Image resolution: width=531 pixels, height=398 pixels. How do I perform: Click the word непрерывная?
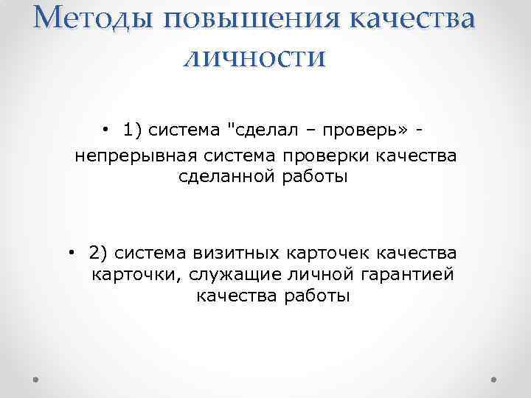click(141, 156)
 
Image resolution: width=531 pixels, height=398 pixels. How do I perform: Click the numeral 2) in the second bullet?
click(98, 254)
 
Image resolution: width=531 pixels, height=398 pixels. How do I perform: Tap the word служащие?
click(223, 276)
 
